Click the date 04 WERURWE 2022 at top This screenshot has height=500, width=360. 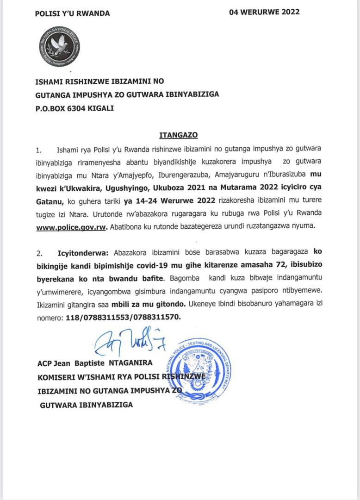(264, 12)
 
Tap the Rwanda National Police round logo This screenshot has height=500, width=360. (59, 47)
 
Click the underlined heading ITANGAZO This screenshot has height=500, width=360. (179, 135)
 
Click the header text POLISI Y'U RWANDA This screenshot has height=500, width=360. (73, 13)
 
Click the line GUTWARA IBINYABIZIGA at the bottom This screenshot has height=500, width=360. (87, 405)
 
